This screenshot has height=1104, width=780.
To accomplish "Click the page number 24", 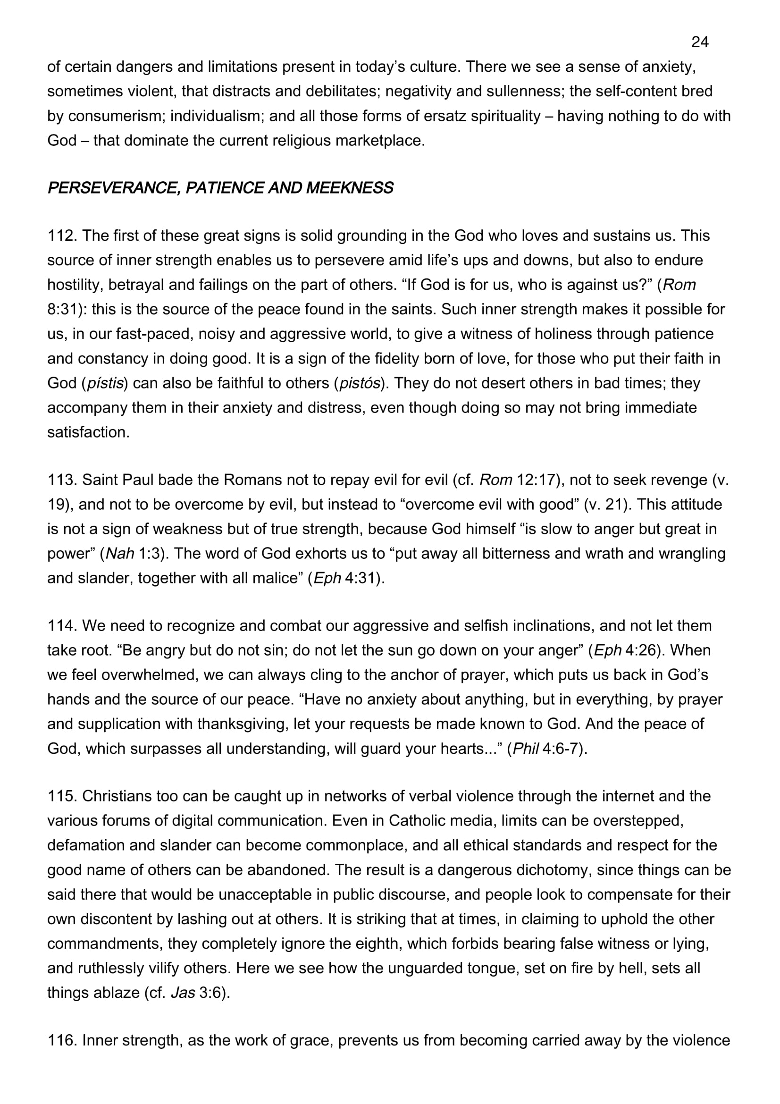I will (700, 42).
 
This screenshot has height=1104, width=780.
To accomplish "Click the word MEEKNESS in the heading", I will (349, 188).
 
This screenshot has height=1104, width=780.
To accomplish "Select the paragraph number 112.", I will (62, 236).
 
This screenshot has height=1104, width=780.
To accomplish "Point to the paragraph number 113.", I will (62, 480).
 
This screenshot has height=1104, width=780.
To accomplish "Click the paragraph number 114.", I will (62, 625).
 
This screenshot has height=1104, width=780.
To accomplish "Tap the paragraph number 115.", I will (62, 796).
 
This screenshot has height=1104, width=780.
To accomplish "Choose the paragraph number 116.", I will (62, 1040).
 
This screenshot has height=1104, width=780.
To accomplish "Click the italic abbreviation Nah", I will (120, 554).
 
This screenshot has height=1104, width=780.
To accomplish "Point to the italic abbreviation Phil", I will (525, 749).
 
